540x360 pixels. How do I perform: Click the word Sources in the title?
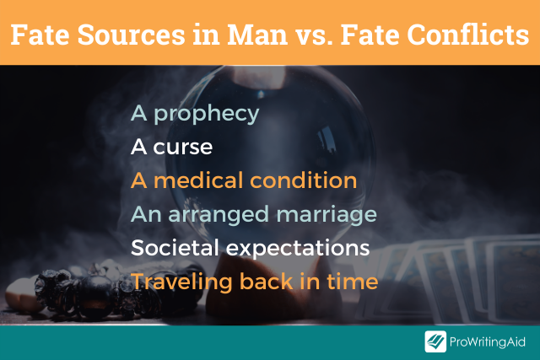tap(132, 35)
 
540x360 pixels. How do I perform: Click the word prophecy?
tap(206, 114)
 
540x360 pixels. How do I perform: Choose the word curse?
tap(182, 148)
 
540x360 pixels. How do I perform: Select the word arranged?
tap(219, 216)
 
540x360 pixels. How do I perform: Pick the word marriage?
tap(327, 216)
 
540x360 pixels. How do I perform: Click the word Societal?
tap(175, 248)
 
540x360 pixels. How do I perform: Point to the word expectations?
tap(298, 249)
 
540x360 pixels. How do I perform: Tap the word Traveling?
tap(181, 282)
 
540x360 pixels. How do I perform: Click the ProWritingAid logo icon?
tap(435, 341)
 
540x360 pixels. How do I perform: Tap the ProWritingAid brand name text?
tap(488, 342)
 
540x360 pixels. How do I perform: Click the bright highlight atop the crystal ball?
tap(259, 77)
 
